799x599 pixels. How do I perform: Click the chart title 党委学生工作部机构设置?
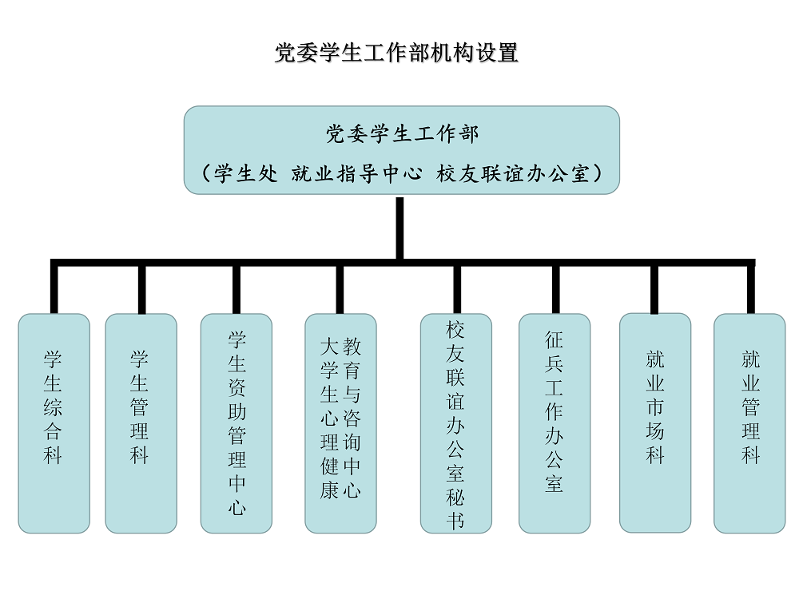point(396,53)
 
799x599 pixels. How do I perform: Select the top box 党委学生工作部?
point(402,150)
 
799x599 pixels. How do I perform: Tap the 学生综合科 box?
point(54,423)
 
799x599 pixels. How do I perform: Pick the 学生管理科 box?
point(141,423)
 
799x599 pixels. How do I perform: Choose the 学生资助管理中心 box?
point(237,423)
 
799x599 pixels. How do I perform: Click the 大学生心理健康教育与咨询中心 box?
point(341,423)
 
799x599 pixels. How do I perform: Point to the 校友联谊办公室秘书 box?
point(456,423)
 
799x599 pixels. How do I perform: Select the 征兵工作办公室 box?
point(555,423)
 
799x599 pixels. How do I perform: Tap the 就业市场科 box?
point(655,422)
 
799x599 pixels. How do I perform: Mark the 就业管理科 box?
point(749,423)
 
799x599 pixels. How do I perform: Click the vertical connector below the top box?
point(400,228)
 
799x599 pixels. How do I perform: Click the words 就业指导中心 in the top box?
point(356,173)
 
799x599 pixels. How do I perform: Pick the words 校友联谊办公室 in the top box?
point(513,173)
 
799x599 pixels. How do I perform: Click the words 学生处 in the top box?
point(245,173)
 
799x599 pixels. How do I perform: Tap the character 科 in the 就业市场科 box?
point(655,455)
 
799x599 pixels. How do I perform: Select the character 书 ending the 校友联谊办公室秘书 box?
point(455,521)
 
